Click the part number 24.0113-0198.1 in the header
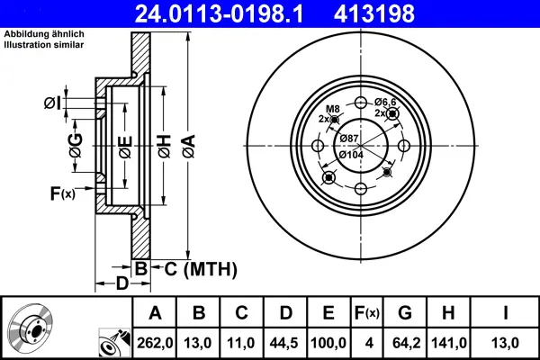point(219,13)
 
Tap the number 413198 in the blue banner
point(374,13)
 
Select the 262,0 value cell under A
point(155,343)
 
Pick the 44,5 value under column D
point(285,343)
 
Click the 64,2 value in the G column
point(405,343)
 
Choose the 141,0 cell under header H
point(448,343)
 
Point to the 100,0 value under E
point(328,343)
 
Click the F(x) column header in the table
point(367,313)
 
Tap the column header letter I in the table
point(505,313)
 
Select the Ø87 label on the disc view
point(348,139)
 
